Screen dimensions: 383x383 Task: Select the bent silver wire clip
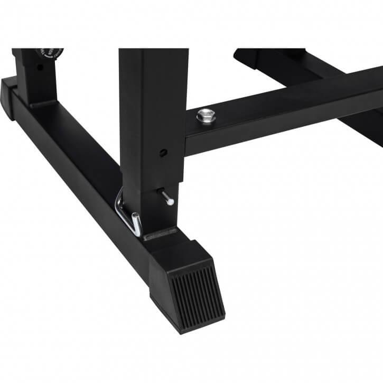pos(128,213)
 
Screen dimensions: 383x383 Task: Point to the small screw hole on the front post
pos(163,153)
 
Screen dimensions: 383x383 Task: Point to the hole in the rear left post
pos(40,67)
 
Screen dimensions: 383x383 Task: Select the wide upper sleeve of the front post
pos(153,106)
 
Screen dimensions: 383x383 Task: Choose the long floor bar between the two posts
pos(79,158)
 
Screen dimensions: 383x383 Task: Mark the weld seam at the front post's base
pos(160,233)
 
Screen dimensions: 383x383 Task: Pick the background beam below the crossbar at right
pos(365,127)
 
